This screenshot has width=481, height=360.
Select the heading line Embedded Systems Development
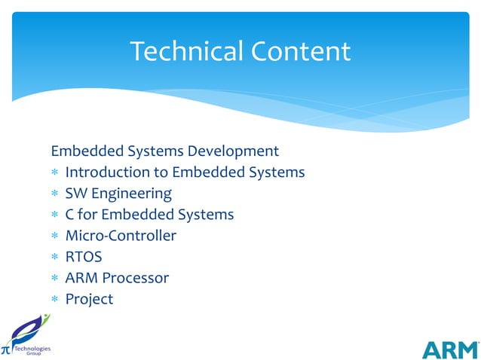click(165, 151)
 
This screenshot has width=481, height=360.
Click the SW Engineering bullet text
click(118, 194)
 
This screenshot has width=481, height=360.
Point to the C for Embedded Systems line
click(149, 215)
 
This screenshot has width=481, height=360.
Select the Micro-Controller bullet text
click(121, 236)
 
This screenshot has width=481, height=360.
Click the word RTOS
click(84, 257)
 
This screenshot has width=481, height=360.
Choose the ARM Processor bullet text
click(117, 278)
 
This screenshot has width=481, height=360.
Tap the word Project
click(89, 299)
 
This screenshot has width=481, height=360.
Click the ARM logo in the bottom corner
click(449, 349)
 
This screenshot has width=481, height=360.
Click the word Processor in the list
click(135, 278)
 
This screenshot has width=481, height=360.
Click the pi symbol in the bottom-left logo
click(6, 349)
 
